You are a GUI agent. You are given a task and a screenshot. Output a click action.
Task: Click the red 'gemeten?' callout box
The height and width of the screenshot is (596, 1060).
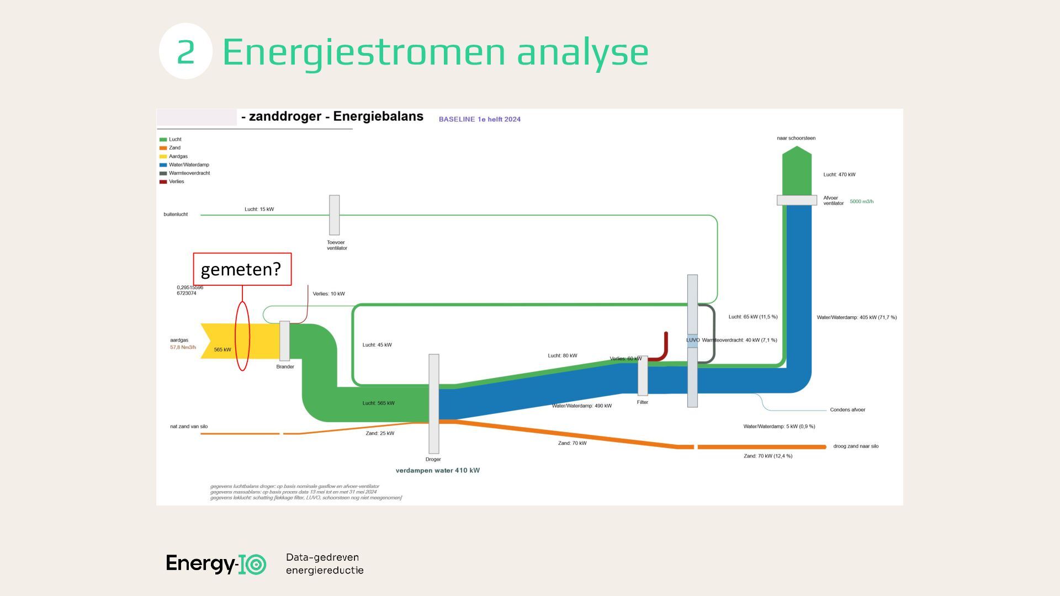[x=242, y=269]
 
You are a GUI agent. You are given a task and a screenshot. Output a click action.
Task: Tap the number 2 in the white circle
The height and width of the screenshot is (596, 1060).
[x=185, y=51]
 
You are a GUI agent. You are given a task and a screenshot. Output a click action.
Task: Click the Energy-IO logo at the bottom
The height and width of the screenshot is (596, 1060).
[x=216, y=563]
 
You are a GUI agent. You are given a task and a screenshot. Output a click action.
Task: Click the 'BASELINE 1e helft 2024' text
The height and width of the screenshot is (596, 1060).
[x=479, y=119]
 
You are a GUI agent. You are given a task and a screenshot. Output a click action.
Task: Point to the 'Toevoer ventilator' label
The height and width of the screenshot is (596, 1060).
[x=337, y=245]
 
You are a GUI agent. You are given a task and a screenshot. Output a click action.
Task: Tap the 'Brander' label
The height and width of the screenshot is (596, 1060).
[x=285, y=366]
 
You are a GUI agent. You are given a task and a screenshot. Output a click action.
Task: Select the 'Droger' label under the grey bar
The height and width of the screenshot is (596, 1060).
[x=433, y=459]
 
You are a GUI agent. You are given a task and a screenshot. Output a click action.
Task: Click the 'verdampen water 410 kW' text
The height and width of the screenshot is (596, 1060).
[x=437, y=471]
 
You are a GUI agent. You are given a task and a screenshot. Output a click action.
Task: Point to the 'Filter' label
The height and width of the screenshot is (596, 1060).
[x=642, y=402]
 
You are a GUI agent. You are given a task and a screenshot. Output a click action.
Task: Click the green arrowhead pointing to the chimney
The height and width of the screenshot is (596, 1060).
[x=797, y=155]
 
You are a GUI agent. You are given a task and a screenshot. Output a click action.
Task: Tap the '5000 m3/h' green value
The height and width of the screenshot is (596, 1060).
[x=861, y=201]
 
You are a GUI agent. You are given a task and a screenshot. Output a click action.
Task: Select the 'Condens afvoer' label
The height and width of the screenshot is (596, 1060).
[x=847, y=410]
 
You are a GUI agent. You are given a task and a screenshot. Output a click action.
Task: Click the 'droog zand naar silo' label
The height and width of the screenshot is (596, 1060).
[x=856, y=446]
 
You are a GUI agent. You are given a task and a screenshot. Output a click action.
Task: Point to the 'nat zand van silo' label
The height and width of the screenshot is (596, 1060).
[x=189, y=427]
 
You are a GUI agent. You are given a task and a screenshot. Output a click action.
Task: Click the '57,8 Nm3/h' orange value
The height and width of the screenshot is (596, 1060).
[x=183, y=348]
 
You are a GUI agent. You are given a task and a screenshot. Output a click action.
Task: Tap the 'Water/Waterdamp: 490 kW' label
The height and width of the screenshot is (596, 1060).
[x=581, y=406]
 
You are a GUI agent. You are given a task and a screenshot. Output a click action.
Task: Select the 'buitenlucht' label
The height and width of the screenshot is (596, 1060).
[x=176, y=215]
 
